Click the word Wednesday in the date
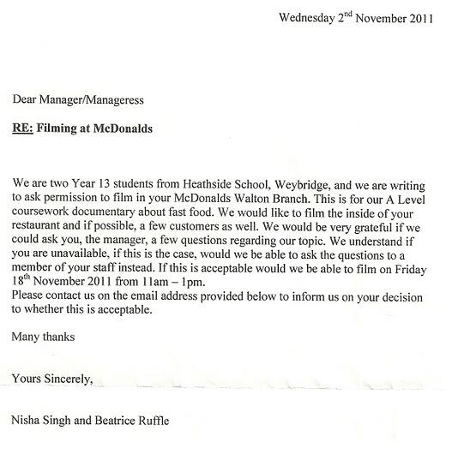click(x=306, y=17)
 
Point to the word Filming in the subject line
click(x=66, y=128)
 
